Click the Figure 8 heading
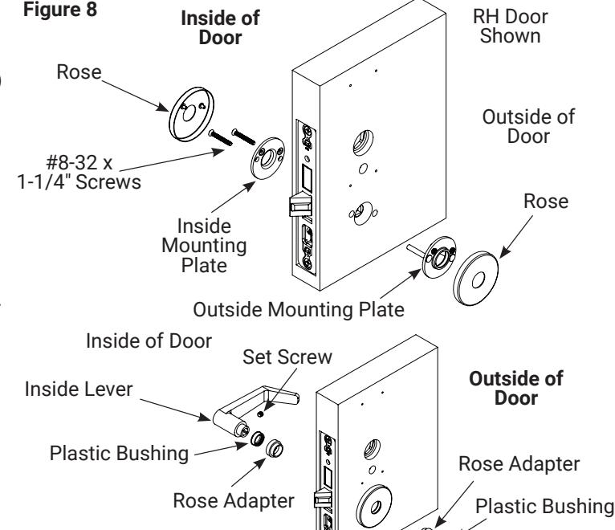pyautogui.click(x=60, y=10)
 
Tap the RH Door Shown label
pyautogui.click(x=511, y=26)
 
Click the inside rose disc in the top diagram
pyautogui.click(x=191, y=114)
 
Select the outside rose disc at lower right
pyautogui.click(x=476, y=279)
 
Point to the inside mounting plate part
pyautogui.click(x=267, y=158)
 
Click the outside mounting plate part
pyautogui.click(x=439, y=258)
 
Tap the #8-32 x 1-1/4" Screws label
pyautogui.click(x=79, y=172)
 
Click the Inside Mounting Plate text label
pyautogui.click(x=204, y=246)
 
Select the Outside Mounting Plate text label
pyautogui.click(x=299, y=309)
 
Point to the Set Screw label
pyautogui.click(x=287, y=357)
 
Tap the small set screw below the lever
pyautogui.click(x=260, y=414)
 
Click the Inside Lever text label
pyautogui.click(x=79, y=389)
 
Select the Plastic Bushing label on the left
pyautogui.click(x=119, y=454)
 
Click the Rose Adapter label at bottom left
pyautogui.click(x=234, y=500)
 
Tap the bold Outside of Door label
pyautogui.click(x=515, y=389)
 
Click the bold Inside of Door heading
pyautogui.click(x=220, y=28)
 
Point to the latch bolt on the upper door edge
pyautogui.click(x=300, y=205)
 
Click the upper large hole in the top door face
pyautogui.click(x=363, y=142)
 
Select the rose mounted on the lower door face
pyautogui.click(x=374, y=506)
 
